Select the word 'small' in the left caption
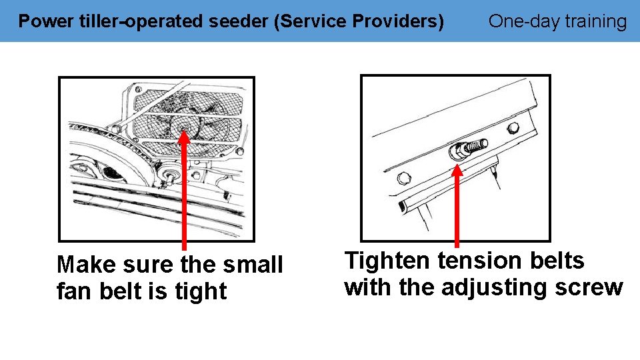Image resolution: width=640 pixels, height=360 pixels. point(251,265)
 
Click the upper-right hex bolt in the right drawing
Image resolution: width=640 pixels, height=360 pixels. point(513,127)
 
